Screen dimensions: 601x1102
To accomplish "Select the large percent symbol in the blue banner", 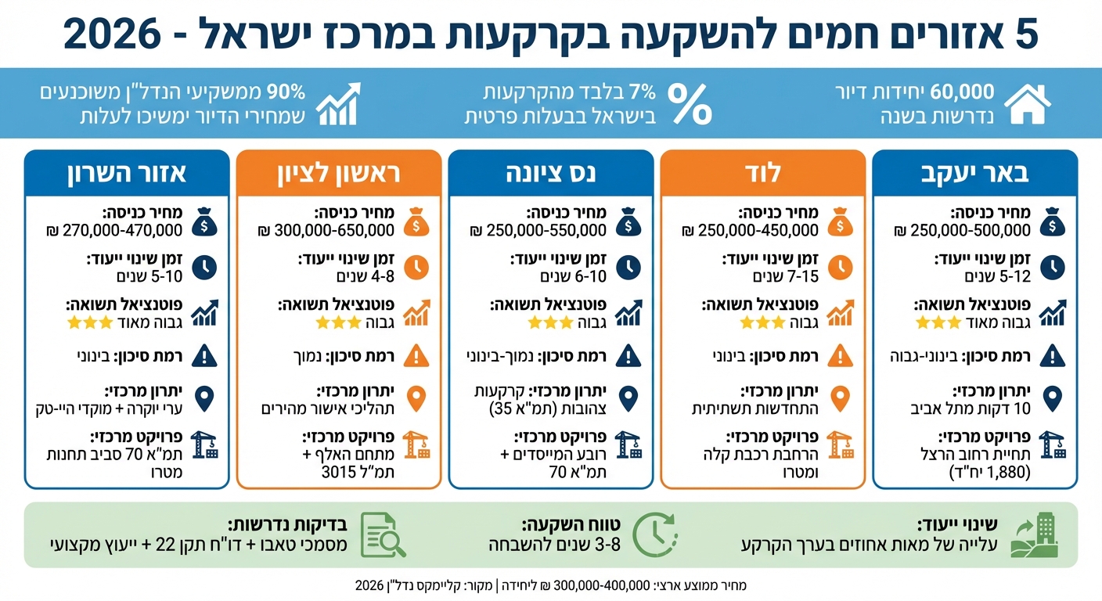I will pyautogui.click(x=690, y=104).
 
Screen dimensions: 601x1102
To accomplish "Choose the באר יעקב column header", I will pyautogui.click(x=974, y=173).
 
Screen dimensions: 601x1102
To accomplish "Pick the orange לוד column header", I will pyautogui.click(x=763, y=173).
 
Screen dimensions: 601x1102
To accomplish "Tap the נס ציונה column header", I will pyautogui.click(x=551, y=173).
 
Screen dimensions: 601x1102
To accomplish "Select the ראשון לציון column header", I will pyautogui.click(x=339, y=173).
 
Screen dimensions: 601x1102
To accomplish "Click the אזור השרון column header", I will pyautogui.click(x=127, y=173).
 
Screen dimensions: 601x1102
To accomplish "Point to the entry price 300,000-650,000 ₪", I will pyautogui.click(x=325, y=230).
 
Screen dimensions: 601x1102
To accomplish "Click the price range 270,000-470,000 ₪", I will pyautogui.click(x=113, y=230).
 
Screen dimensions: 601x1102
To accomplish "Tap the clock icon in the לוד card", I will pyautogui.click(x=840, y=268).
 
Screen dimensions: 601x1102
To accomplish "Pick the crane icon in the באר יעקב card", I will pyautogui.click(x=1052, y=444).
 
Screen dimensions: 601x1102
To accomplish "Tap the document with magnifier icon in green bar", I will pyautogui.click(x=384, y=535).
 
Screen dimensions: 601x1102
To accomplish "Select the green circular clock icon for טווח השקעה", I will pyautogui.click(x=650, y=535).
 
